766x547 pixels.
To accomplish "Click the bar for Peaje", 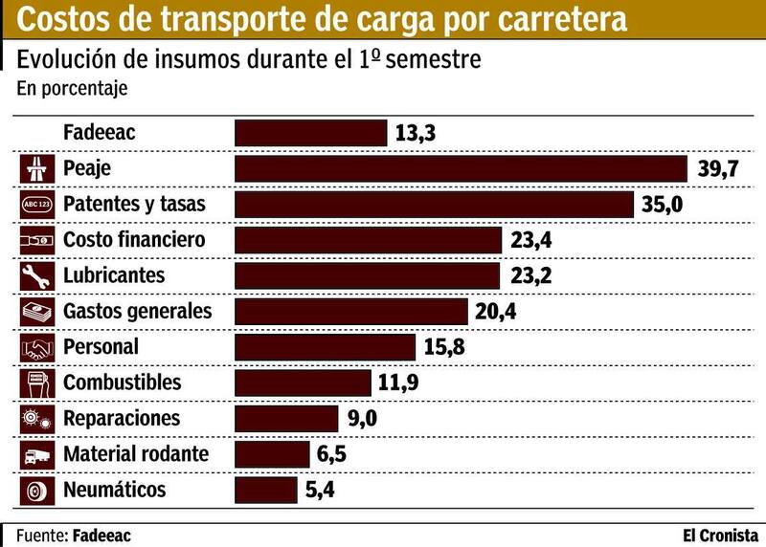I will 461,169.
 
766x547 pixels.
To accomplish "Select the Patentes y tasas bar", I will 434,205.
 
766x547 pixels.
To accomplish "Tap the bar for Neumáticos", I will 265,491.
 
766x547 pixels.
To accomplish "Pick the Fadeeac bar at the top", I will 310,133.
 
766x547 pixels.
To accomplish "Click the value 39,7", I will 718,170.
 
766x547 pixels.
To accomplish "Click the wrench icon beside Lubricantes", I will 35,276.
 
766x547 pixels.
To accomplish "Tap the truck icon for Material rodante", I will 35,455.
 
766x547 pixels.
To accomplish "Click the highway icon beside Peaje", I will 35,169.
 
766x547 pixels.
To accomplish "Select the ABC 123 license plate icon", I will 35,205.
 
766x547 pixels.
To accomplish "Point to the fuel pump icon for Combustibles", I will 35,383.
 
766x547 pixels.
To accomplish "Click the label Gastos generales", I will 137,312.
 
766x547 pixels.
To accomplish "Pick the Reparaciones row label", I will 121,419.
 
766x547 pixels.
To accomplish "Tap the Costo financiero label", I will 134,240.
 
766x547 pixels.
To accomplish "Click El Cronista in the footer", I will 720,535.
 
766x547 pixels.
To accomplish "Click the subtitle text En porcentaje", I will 72,89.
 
